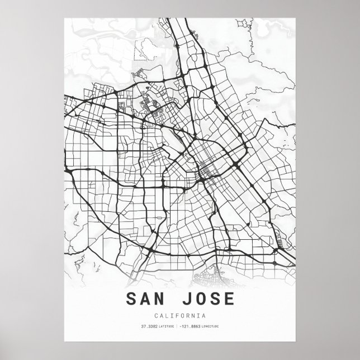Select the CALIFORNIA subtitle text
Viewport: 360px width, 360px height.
pyautogui.click(x=179, y=316)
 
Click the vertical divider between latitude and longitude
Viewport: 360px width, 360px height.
pyautogui.click(x=176, y=326)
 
